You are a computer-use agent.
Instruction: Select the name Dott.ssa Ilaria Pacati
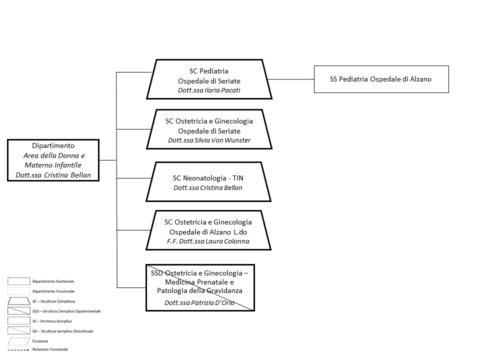pyautogui.click(x=209, y=90)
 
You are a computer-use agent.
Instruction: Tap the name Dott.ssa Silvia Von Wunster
pyautogui.click(x=209, y=140)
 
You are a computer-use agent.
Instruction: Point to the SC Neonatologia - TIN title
pyautogui.click(x=208, y=178)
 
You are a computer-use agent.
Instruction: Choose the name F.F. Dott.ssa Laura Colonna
pyautogui.click(x=208, y=241)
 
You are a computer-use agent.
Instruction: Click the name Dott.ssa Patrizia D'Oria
pyautogui.click(x=199, y=303)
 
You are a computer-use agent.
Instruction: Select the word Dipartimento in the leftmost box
pyautogui.click(x=53, y=145)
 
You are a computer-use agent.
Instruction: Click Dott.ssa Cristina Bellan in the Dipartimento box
pyautogui.click(x=53, y=175)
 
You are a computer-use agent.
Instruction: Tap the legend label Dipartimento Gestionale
pyautogui.click(x=53, y=281)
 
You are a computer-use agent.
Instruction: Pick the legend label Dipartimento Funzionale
pyautogui.click(x=53, y=291)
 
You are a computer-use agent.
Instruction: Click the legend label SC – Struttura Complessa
pyautogui.click(x=53, y=301)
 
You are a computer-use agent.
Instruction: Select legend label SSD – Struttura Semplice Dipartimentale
pyautogui.click(x=66, y=311)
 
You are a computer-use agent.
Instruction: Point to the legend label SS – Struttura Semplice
pyautogui.click(x=52, y=321)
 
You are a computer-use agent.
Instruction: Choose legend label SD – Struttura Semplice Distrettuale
pyautogui.click(x=63, y=331)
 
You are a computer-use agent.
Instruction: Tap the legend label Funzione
pyautogui.click(x=40, y=341)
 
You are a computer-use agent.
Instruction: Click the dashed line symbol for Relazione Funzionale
pyautogui.click(x=18, y=350)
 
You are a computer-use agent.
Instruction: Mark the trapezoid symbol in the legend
pyautogui.click(x=18, y=301)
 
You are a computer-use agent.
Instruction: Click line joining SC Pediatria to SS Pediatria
pyautogui.click(x=291, y=79)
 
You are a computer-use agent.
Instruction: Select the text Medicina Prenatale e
pyautogui.click(x=199, y=282)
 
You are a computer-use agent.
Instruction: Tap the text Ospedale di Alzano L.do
pyautogui.click(x=208, y=232)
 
